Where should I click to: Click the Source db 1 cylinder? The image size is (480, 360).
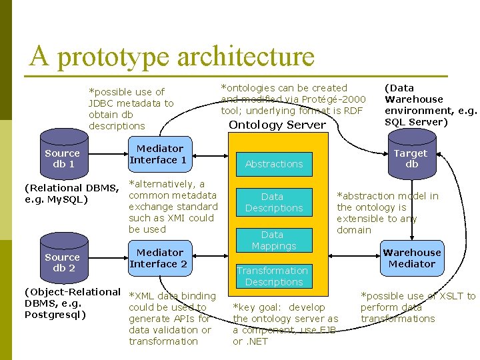[63, 158]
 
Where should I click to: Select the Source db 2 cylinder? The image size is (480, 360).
[63, 262]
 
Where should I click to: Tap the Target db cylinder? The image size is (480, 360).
[411, 158]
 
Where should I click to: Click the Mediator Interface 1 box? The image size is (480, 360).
[159, 155]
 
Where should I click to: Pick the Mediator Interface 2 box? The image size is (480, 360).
[159, 259]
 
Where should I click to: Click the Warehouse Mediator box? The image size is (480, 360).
[411, 259]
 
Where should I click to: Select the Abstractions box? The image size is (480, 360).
[274, 164]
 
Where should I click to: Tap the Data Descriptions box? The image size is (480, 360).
[273, 203]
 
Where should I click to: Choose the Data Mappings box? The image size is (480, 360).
[273, 240]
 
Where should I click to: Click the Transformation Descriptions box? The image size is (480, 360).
[273, 276]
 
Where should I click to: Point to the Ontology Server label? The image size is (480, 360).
[277, 125]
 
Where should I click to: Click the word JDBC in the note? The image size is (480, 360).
[102, 103]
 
